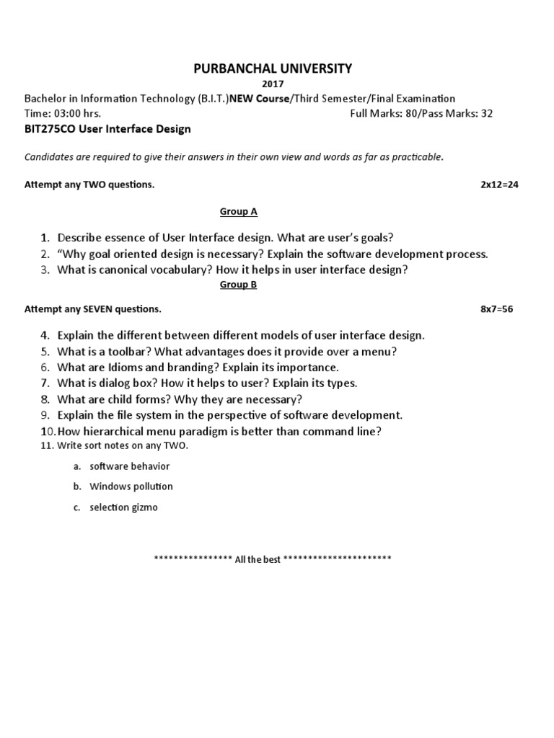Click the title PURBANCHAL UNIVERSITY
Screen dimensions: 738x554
point(272,69)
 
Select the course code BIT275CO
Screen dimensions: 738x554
point(48,129)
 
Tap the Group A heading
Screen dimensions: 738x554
point(238,212)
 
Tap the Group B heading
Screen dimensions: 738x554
point(238,285)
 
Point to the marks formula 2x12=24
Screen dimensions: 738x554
point(499,184)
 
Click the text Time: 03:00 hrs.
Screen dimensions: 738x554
point(63,114)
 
